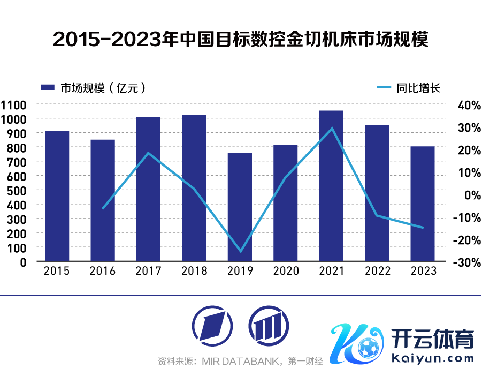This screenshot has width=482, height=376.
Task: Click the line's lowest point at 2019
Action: [x=240, y=251]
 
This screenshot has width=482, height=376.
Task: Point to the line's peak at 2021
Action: [x=332, y=128]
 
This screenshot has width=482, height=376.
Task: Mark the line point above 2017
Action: [x=149, y=153]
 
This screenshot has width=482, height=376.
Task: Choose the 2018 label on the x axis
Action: [x=194, y=271]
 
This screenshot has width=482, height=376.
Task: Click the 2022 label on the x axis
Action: [x=378, y=271]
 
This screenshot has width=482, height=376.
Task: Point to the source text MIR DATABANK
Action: [x=241, y=362]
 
